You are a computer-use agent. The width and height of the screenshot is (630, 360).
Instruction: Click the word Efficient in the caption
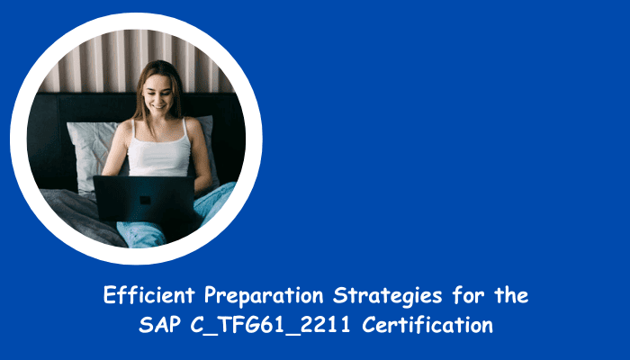[x=149, y=295]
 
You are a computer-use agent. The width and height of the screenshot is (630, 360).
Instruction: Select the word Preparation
[x=264, y=296]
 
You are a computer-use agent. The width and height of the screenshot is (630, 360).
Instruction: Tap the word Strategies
[x=387, y=296]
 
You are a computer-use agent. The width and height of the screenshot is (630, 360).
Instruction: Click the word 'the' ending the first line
[x=511, y=295]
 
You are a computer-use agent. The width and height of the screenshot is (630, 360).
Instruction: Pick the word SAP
[x=159, y=325]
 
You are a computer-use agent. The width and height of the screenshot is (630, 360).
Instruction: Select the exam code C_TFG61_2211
[x=270, y=326]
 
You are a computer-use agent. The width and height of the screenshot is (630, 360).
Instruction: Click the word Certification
[x=427, y=325]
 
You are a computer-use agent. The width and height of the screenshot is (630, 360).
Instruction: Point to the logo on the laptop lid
[x=145, y=200]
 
